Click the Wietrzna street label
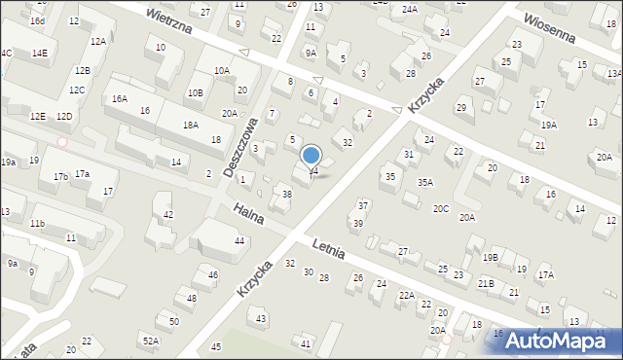click(x=170, y=22)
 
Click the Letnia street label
click(x=331, y=250)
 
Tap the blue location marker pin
click(x=311, y=157)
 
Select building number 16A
click(x=119, y=99)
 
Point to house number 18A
click(x=190, y=126)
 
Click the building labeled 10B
click(x=196, y=92)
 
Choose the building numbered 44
click(x=238, y=240)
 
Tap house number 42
click(x=167, y=214)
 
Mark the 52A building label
click(x=150, y=341)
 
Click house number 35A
click(x=425, y=182)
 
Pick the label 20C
click(x=441, y=208)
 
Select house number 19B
click(x=490, y=257)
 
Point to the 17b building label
click(x=60, y=176)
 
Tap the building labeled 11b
click(x=37, y=224)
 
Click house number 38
click(x=286, y=195)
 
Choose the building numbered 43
click(x=260, y=319)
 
